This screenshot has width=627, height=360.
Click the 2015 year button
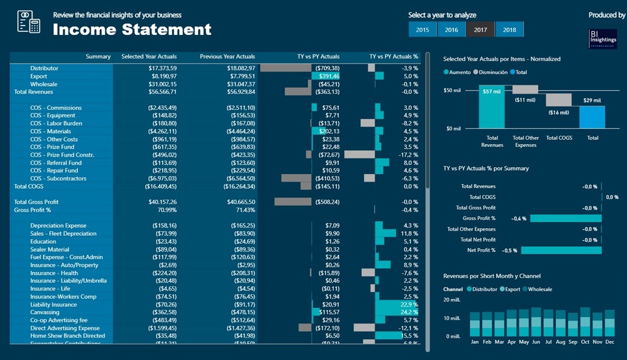click(x=423, y=30)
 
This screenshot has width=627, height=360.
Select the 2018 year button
click(x=509, y=30)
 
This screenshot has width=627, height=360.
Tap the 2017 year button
click(x=480, y=30)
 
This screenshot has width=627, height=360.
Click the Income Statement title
click(x=132, y=30)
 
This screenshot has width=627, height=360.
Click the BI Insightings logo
click(x=603, y=39)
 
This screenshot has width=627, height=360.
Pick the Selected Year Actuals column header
click(x=149, y=57)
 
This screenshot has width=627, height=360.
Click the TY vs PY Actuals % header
click(x=394, y=57)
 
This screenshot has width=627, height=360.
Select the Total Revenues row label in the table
click(x=33, y=92)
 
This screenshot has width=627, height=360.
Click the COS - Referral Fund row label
click(x=56, y=163)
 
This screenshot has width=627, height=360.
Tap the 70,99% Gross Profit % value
click(x=167, y=210)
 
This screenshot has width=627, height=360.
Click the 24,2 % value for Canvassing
click(x=409, y=312)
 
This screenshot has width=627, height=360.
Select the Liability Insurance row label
click(x=53, y=305)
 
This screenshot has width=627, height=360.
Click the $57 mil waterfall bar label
click(x=492, y=92)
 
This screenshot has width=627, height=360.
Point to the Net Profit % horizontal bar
click(x=561, y=250)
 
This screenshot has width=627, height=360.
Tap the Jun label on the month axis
click(x=536, y=342)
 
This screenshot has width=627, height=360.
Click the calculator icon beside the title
click(x=28, y=21)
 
